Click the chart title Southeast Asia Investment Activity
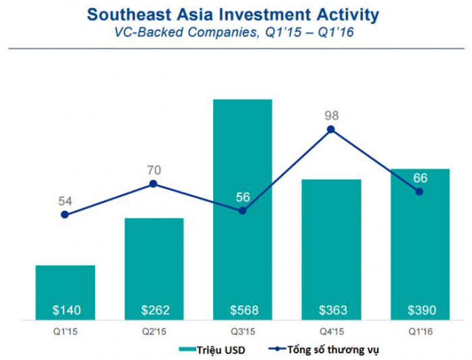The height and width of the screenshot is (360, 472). (x=233, y=15)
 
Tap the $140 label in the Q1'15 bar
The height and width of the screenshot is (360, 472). (x=66, y=310)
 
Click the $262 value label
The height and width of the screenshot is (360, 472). (x=155, y=310)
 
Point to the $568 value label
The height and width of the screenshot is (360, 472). (x=243, y=310)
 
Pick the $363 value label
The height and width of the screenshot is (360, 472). (x=332, y=310)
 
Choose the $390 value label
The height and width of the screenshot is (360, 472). (x=421, y=310)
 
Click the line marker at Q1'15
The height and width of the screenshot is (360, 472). (x=65, y=215)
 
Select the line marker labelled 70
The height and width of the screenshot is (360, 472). (x=153, y=184)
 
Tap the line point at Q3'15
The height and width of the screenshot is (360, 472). (x=242, y=211)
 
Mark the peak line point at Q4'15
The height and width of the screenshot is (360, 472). (x=331, y=129)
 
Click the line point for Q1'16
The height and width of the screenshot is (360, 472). (x=419, y=191)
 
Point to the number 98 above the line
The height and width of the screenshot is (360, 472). (x=331, y=115)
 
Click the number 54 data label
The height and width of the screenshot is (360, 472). (x=65, y=201)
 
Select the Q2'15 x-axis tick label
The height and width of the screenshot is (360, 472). (x=154, y=330)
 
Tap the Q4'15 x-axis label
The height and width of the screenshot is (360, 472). (x=331, y=330)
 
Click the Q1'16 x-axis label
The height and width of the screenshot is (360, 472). (x=420, y=330)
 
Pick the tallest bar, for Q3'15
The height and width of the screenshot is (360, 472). (x=243, y=202)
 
